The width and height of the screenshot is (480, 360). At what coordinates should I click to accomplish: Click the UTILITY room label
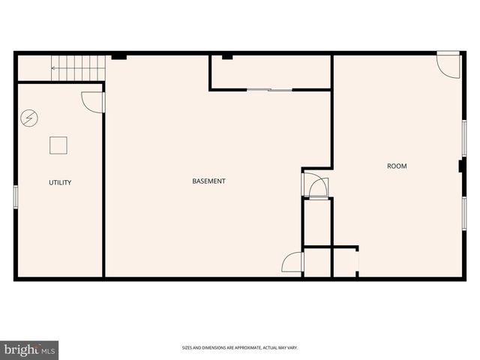coord(60,182)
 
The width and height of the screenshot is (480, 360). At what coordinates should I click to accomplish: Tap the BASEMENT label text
coord(208,181)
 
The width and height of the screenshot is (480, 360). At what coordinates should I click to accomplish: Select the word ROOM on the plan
coord(397,166)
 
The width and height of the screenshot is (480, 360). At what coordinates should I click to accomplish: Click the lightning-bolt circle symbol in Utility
coord(28,118)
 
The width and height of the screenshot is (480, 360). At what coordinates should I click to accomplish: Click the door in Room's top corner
coord(448,64)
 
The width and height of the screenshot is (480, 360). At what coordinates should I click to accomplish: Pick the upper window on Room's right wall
coord(464,137)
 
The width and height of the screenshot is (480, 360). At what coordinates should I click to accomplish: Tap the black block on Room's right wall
coord(461,166)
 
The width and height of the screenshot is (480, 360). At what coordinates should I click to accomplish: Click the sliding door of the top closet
coord(269,90)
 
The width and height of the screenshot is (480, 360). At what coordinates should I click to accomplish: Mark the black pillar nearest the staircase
coord(118,56)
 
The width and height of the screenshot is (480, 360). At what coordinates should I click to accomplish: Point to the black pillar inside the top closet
coord(227,56)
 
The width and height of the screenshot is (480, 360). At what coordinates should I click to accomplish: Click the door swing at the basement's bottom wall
coord(292,262)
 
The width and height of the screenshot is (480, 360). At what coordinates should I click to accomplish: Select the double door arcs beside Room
coord(316,184)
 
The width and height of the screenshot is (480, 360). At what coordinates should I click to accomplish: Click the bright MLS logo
coord(30,349)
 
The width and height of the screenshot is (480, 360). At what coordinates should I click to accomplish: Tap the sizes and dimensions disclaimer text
coord(240,347)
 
